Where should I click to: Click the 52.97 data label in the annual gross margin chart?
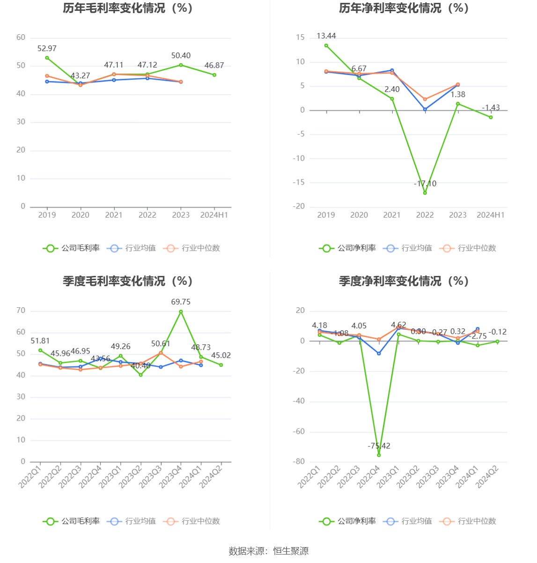pos(47,48)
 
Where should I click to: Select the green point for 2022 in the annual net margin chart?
pos(425,193)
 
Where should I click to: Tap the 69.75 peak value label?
pos(181,302)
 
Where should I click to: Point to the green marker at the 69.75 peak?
pos(181,312)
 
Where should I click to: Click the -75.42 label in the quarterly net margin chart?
pos(379,446)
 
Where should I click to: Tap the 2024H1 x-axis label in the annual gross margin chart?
pos(214,215)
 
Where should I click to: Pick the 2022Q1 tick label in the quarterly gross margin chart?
pos(30,475)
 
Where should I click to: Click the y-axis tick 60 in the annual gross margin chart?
pos(21,37)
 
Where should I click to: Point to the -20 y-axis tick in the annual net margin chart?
pos(299,207)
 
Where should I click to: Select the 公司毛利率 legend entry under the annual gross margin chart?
pos(72,248)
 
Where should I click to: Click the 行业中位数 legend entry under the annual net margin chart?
pos(468,248)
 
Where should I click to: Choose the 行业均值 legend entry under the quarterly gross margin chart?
pos(132,521)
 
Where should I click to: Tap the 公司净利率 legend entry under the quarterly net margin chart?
pos(348,521)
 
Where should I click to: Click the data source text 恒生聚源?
pos(291,551)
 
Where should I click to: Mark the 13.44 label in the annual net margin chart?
pos(326,36)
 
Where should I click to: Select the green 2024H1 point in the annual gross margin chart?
pos(214,75)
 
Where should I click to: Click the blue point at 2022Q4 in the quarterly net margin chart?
pos(379,354)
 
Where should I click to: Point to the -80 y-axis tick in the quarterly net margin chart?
pos(299,462)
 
